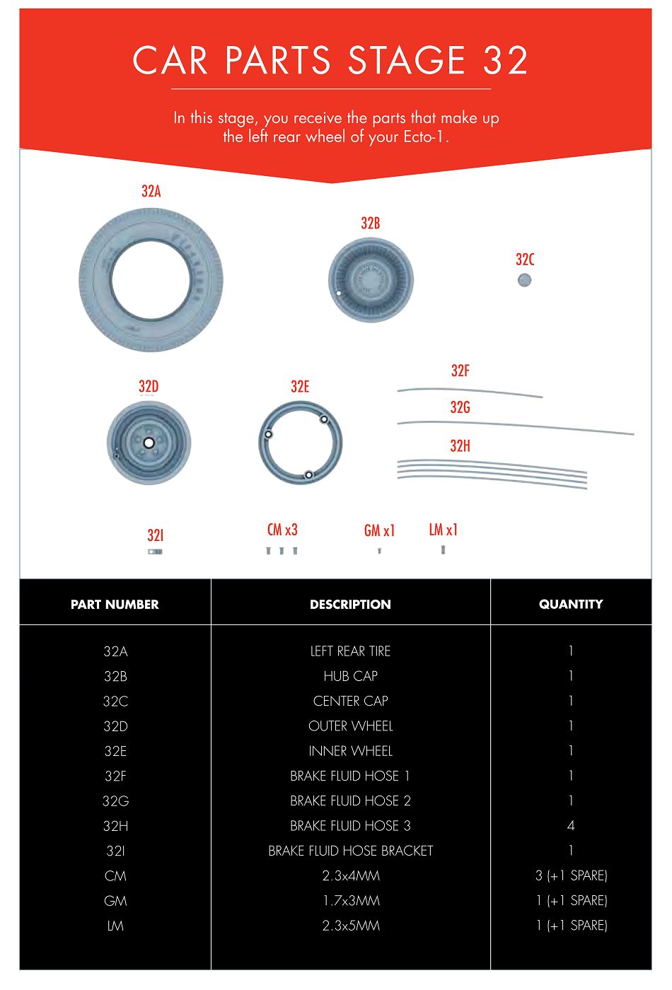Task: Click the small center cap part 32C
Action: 524,280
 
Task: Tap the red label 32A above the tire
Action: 151,192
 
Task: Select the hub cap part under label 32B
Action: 371,280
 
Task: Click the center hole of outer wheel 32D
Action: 149,443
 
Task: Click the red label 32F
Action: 460,371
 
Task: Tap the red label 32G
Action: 460,407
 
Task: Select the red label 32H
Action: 460,446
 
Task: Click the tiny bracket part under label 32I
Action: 155,552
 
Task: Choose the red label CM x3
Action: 282,530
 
